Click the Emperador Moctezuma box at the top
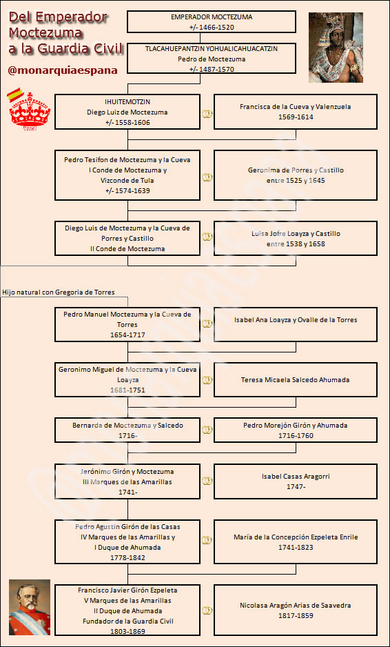pyautogui.click(x=211, y=21)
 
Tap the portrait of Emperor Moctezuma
pyautogui.click(x=336, y=48)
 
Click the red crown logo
pyautogui.click(x=30, y=112)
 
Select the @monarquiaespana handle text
pyautogui.click(x=63, y=70)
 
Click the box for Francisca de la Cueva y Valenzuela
pyautogui.click(x=295, y=112)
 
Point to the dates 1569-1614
pyautogui.click(x=295, y=117)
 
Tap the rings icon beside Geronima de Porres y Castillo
pyautogui.click(x=207, y=177)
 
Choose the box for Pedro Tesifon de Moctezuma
pyautogui.click(x=127, y=175)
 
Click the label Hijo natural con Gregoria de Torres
pyautogui.click(x=58, y=292)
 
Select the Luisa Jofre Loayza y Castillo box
pyautogui.click(x=295, y=239)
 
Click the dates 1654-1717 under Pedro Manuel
pyautogui.click(x=127, y=335)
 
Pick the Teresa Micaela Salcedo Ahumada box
pyautogui.click(x=295, y=379)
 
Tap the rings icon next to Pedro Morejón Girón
pyautogui.click(x=207, y=430)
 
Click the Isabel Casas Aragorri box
pyautogui.click(x=295, y=481)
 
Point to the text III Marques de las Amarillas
pyautogui.click(x=127, y=481)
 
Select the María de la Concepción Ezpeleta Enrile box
pyautogui.click(x=295, y=541)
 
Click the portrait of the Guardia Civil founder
pyautogui.click(x=30, y=607)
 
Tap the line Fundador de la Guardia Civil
pyautogui.click(x=127, y=621)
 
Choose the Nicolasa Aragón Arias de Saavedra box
pyautogui.click(x=295, y=610)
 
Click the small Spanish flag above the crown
pyautogui.click(x=14, y=94)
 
